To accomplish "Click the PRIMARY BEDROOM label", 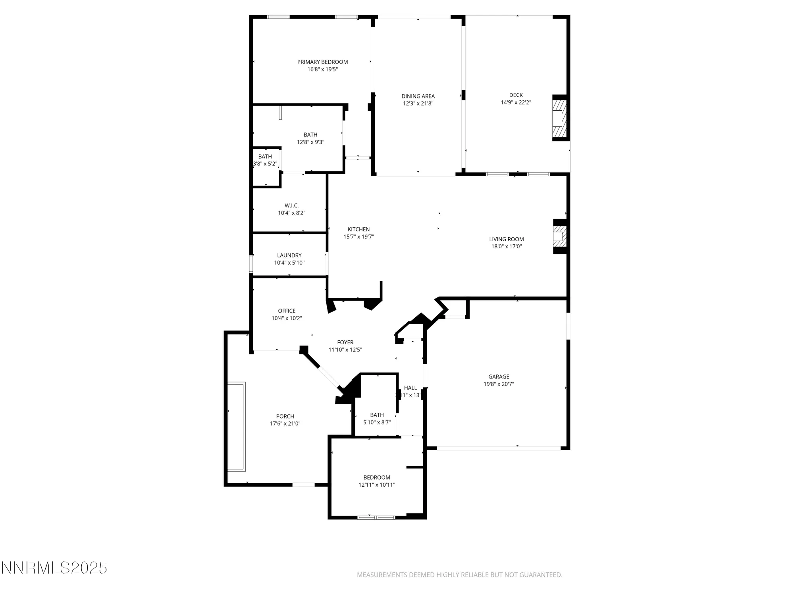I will pyautogui.click(x=322, y=62).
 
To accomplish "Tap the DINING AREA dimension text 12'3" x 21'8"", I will pyautogui.click(x=418, y=104).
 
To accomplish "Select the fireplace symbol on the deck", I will pyautogui.click(x=559, y=118).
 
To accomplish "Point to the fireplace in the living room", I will pyautogui.click(x=559, y=236).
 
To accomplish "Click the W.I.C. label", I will pyautogui.click(x=291, y=205).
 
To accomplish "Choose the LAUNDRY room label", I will pyautogui.click(x=289, y=255).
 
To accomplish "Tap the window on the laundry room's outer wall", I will pyautogui.click(x=251, y=264).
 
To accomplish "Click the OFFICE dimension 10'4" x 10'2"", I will pyautogui.click(x=287, y=318).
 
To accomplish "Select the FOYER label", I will pyautogui.click(x=345, y=342).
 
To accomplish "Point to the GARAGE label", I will pyautogui.click(x=499, y=377).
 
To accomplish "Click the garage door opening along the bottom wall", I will pyautogui.click(x=498, y=448).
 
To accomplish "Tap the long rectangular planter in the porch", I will pyautogui.click(x=236, y=426).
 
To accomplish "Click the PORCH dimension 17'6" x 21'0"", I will pyautogui.click(x=285, y=424).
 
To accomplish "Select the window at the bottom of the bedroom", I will pyautogui.click(x=376, y=517).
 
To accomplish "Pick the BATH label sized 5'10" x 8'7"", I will pyautogui.click(x=377, y=415).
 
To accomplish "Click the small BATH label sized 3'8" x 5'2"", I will pyautogui.click(x=265, y=157).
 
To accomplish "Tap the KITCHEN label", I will pyautogui.click(x=358, y=229).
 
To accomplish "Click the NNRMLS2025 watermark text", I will pyautogui.click(x=54, y=568).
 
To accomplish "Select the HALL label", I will pyautogui.click(x=410, y=388).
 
